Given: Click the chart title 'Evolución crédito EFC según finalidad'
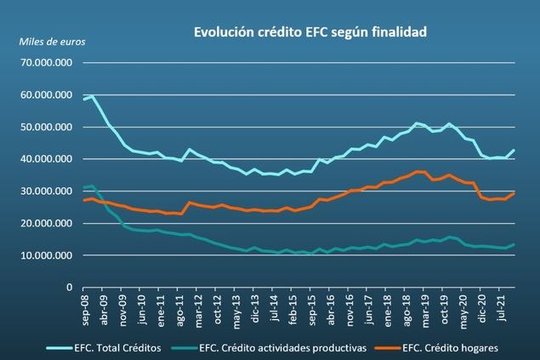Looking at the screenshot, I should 310,32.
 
